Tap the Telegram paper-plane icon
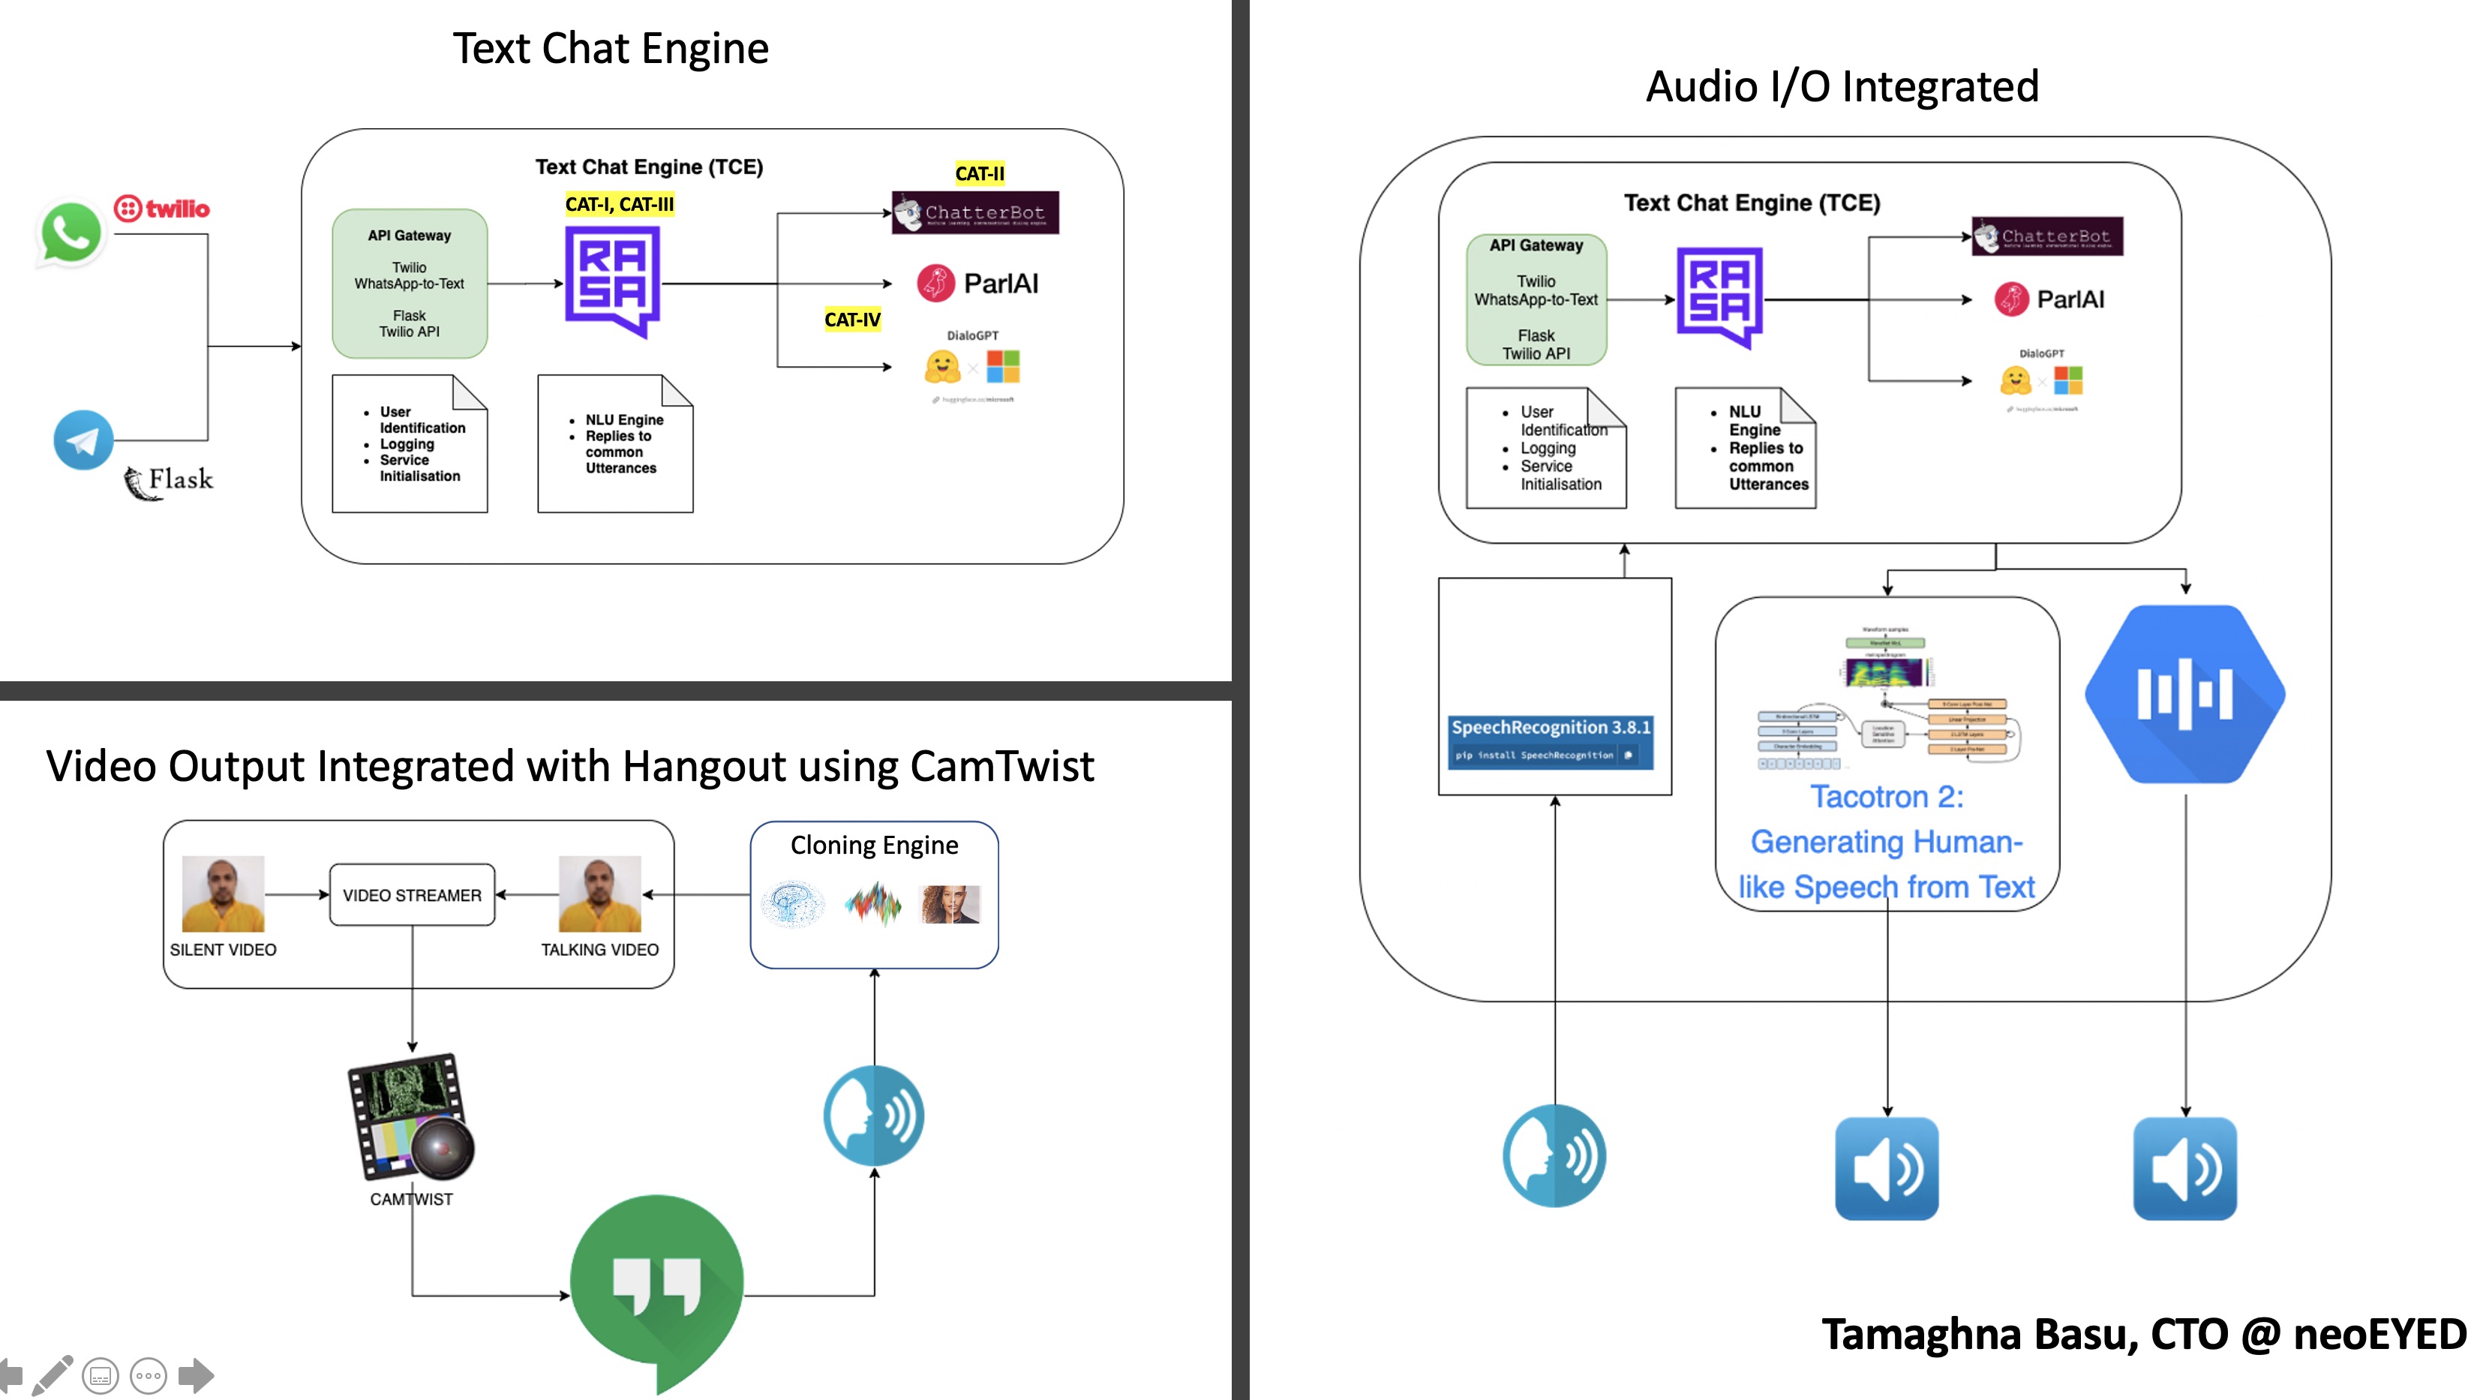83,440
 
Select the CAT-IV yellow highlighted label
852,320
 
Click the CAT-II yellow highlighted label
979,173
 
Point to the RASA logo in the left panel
612,280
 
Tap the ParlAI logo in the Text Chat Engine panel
978,283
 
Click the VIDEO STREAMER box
412,894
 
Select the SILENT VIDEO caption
222,949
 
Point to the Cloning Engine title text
874,845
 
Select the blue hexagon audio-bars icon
2184,693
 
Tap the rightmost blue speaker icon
2184,1168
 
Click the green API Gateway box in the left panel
409,283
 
